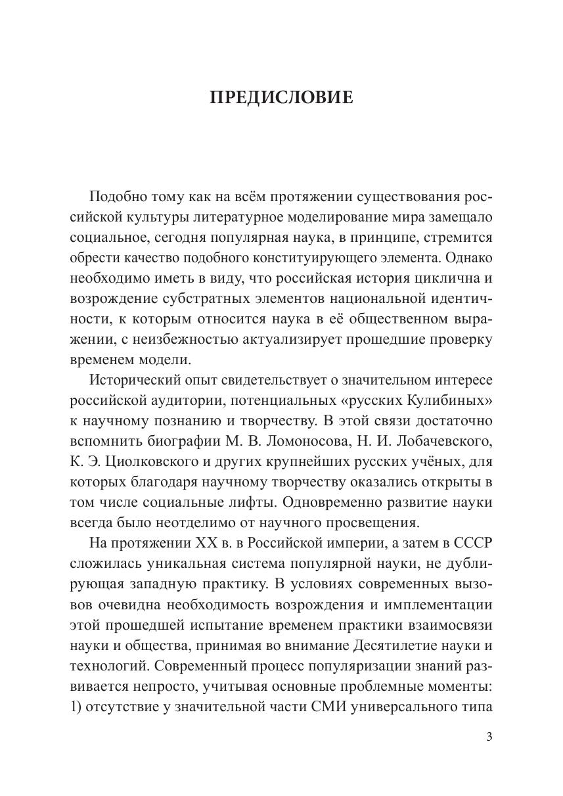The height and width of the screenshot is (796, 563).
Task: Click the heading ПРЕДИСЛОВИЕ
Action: tap(281, 97)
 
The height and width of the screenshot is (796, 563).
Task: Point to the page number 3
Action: tap(489, 737)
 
